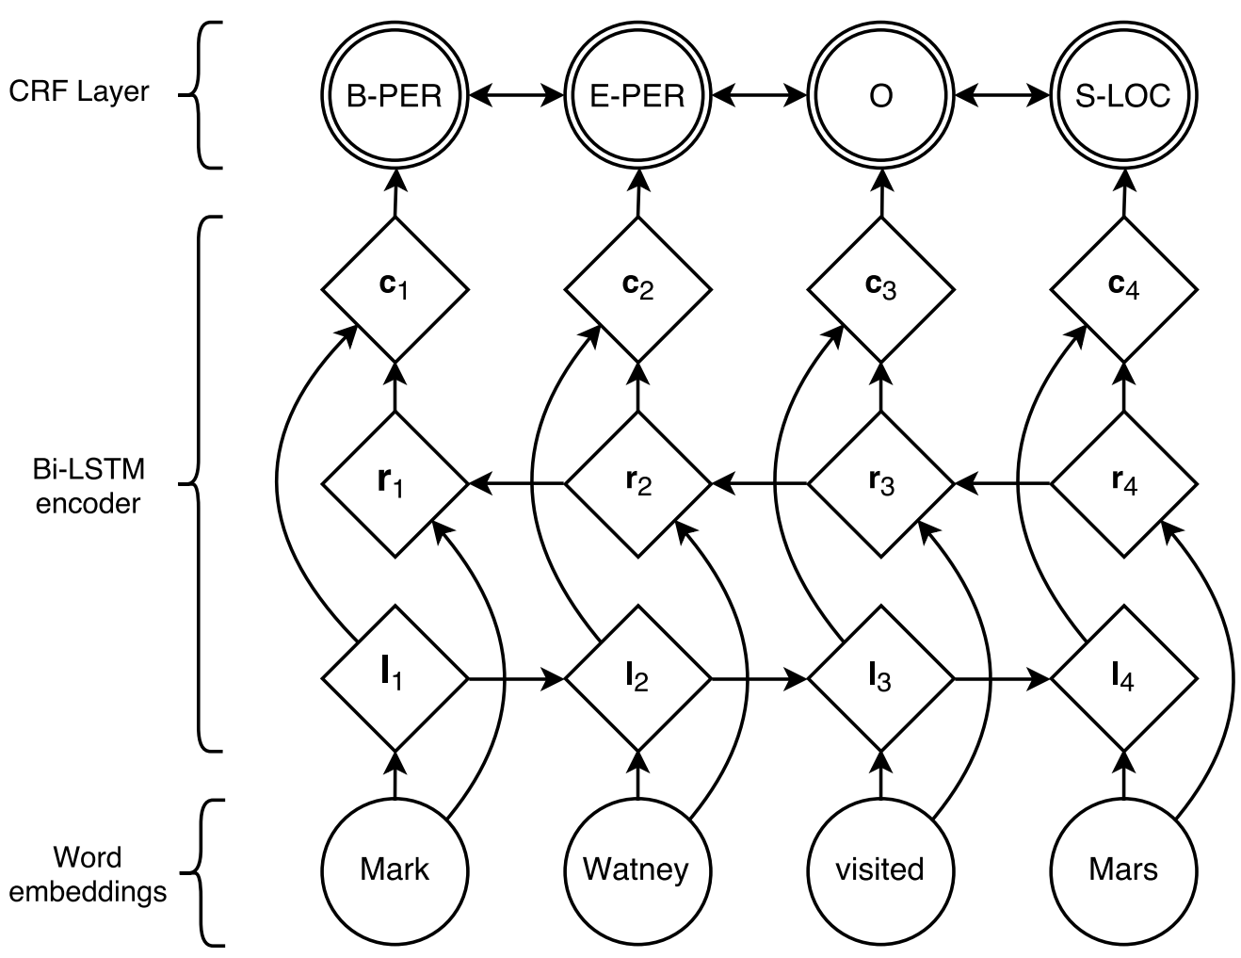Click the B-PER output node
coord(395,95)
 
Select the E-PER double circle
coord(637,95)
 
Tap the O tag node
coord(880,95)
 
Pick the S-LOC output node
coord(1123,95)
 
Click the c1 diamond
coord(395,289)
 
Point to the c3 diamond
coord(880,289)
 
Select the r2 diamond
coord(637,484)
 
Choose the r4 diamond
coord(1124,484)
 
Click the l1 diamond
coord(395,678)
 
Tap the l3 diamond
coord(880,678)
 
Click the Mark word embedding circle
coord(395,872)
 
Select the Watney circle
coord(637,872)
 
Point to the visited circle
coord(880,872)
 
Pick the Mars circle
coord(1123,872)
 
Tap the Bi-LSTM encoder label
coord(88,487)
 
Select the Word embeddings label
coord(88,875)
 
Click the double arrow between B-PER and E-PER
coord(516,95)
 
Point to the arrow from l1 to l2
coord(516,678)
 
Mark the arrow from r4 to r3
coord(1002,484)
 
